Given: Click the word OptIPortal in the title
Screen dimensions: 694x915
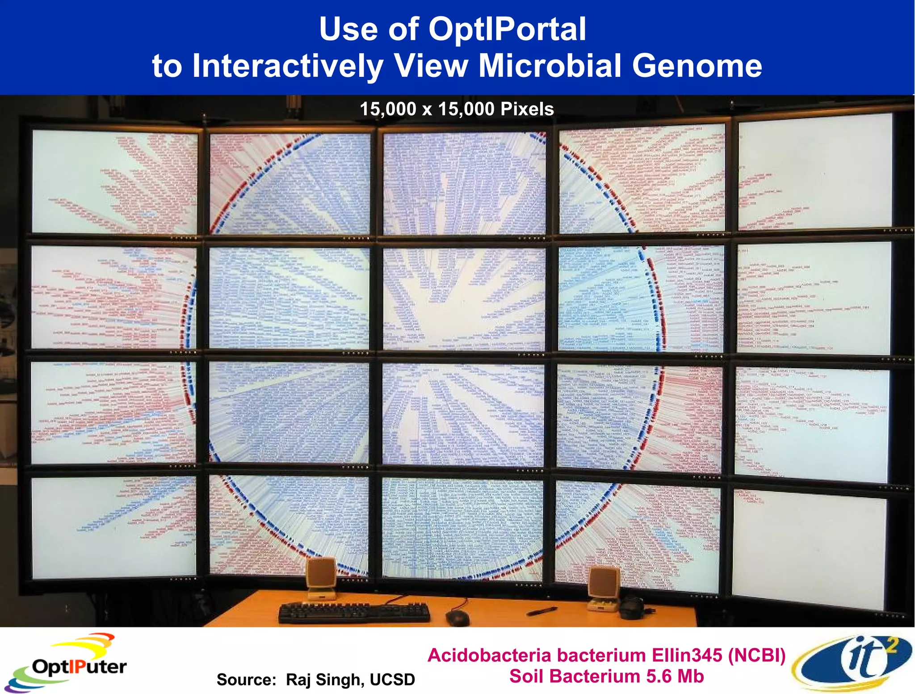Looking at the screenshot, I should pos(507,29).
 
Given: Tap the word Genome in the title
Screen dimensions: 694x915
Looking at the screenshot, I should pos(697,66).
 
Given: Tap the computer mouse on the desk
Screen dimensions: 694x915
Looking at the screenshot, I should pos(457,618).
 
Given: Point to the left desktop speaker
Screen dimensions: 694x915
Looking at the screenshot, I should pos(321,578).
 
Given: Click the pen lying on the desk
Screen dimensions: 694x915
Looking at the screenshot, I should pos(541,611).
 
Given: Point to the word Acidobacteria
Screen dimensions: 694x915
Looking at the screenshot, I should pos(490,656).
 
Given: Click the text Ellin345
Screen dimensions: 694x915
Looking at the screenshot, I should pos(687,656).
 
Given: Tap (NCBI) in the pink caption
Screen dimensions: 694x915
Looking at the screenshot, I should pos(756,656).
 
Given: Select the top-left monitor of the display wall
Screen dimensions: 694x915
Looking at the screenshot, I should pos(114,181).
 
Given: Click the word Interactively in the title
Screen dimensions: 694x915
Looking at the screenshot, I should pos(287,66).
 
